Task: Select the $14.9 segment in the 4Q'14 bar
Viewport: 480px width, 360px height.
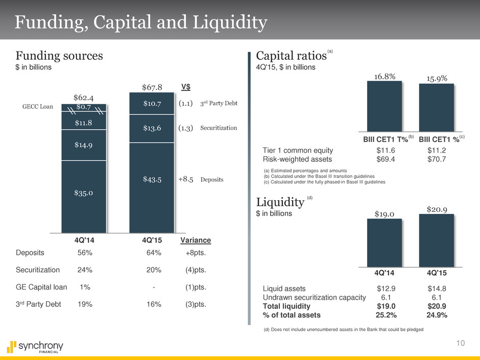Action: click(84, 145)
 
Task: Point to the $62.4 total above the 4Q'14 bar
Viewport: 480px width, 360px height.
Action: click(84, 96)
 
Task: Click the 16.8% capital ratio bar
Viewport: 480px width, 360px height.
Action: click(383, 106)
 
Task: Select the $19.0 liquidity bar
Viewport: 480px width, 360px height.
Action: click(383, 243)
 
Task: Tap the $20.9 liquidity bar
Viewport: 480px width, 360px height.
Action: click(436, 240)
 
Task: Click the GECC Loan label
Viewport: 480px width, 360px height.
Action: click(36, 107)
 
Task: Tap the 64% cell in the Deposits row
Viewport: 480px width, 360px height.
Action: click(154, 252)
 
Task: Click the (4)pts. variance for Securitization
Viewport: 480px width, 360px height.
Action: click(195, 270)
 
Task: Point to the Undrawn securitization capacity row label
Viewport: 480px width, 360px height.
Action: click(314, 298)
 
